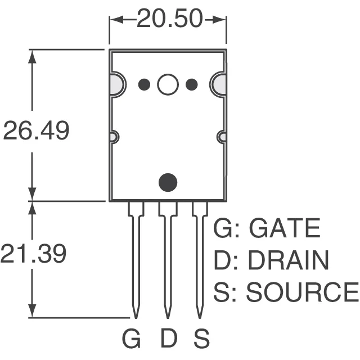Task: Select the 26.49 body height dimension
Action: point(36,131)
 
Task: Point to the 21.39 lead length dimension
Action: point(34,254)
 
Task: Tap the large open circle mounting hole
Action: point(168,84)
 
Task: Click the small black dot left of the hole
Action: point(144,84)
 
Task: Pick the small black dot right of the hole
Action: point(191,84)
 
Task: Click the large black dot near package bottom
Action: point(168,182)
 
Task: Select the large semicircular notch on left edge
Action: point(116,84)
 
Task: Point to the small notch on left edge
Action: point(114,137)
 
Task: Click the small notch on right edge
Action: point(221,137)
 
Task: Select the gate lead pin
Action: point(135,259)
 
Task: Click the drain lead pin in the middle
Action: point(167,259)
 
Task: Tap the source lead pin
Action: point(199,259)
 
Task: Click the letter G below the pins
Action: point(132,339)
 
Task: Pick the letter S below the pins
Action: point(201,339)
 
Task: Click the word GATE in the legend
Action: point(284,229)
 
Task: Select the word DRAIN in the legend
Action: point(288,260)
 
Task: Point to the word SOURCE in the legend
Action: point(302,292)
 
